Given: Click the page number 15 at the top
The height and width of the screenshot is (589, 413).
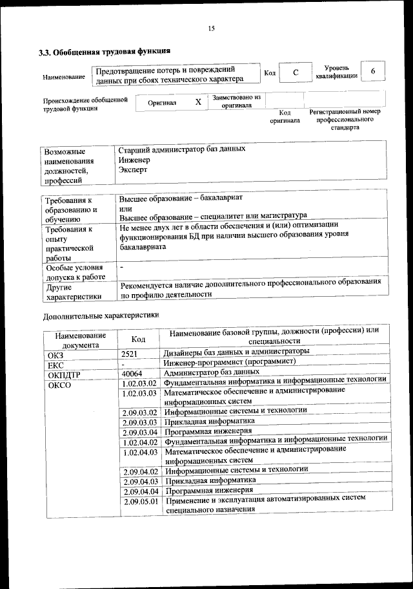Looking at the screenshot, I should click(210, 28).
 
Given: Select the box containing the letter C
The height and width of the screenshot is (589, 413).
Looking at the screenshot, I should click(295, 73).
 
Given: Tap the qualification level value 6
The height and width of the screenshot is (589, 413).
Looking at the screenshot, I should click(372, 70).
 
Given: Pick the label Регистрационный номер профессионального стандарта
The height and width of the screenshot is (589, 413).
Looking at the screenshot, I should click(345, 120).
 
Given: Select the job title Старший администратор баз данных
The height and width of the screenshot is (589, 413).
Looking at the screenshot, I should click(182, 149).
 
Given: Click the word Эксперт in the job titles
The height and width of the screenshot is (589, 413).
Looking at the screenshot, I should click(133, 169).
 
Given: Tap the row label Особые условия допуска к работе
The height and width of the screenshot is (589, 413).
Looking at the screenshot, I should click(74, 272).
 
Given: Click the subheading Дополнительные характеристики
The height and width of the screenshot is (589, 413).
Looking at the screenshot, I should click(101, 316).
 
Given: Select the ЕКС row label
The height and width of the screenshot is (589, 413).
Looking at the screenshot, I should click(55, 363).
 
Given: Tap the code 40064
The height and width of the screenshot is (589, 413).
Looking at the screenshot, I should click(132, 374).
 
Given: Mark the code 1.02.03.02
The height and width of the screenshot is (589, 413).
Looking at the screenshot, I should click(139, 384).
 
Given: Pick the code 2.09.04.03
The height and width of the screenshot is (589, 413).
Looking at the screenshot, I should click(141, 481).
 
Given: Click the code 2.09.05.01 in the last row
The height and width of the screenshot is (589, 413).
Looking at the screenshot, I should click(141, 502).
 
